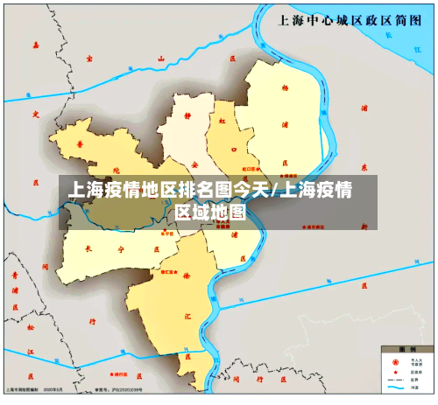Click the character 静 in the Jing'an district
coord(187,113)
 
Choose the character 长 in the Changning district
coord(87,247)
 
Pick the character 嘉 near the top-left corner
coord(36,44)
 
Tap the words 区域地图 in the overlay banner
coord(210,212)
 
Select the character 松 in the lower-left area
coord(30,328)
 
